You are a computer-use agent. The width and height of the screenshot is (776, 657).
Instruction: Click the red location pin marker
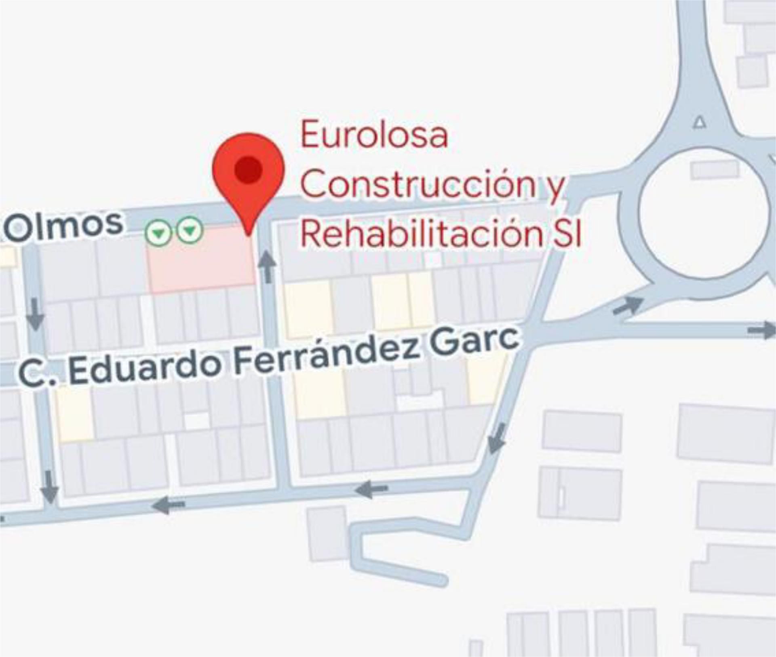[x=249, y=178]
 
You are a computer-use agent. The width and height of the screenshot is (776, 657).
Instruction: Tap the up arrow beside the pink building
[x=267, y=266]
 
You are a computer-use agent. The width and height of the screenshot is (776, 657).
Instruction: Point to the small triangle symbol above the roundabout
[x=700, y=122]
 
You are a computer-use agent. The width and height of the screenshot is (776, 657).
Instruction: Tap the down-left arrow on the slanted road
[x=497, y=438]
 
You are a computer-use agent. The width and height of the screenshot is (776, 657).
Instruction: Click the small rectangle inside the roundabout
[x=715, y=170]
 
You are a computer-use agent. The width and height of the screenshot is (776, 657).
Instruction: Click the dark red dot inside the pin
[x=248, y=169]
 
